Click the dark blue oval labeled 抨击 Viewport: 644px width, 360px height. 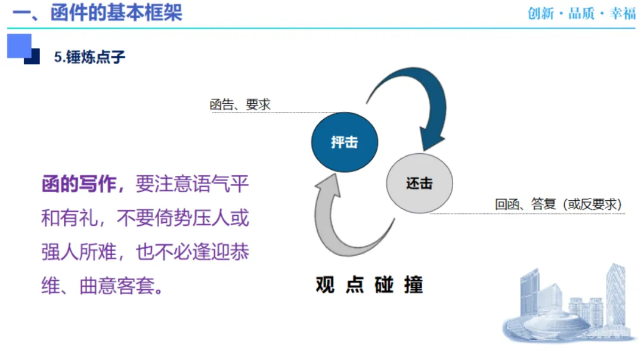[344, 142]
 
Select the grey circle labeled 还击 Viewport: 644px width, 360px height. [419, 183]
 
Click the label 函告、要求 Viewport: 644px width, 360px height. [240, 105]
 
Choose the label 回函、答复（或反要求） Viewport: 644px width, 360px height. [559, 204]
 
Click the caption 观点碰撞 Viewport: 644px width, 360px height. [369, 285]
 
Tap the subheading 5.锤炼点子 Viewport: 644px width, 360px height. [89, 57]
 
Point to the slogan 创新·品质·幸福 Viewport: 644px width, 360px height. [581, 13]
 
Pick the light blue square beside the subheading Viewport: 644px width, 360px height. [18, 46]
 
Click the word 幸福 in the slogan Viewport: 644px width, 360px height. [623, 13]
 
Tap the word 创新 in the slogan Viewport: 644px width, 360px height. [541, 13]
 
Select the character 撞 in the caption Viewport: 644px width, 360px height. [413, 285]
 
